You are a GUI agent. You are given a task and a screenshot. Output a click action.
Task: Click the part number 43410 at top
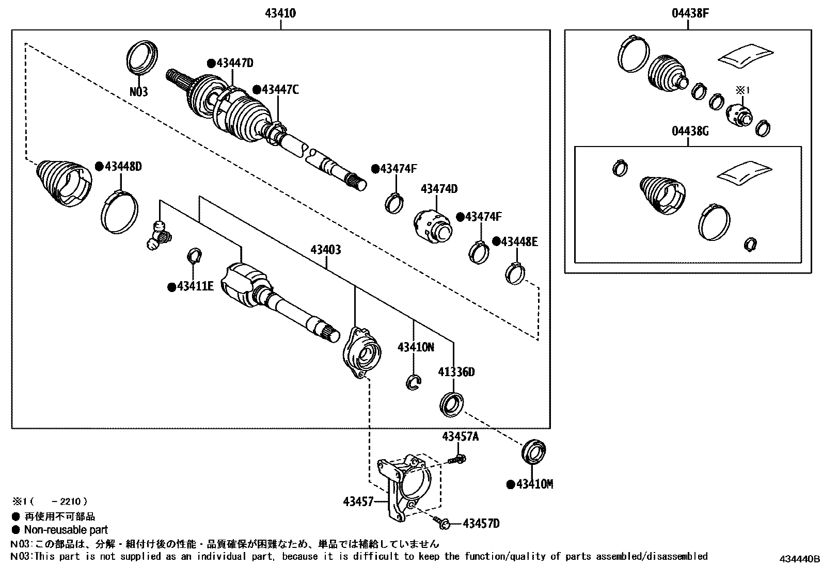pyautogui.click(x=280, y=13)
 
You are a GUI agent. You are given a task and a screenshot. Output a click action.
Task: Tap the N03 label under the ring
pyautogui.click(x=138, y=92)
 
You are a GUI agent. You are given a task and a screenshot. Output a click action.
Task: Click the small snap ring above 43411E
pyautogui.click(x=194, y=255)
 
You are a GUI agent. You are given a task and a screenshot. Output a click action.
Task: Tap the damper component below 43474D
pyautogui.click(x=433, y=226)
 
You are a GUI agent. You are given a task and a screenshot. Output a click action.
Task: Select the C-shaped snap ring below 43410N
pyautogui.click(x=413, y=382)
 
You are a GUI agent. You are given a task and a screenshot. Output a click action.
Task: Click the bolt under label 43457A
pyautogui.click(x=456, y=458)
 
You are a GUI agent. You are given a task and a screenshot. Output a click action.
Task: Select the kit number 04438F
pyautogui.click(x=690, y=13)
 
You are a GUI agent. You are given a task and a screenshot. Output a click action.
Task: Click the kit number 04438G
pyautogui.click(x=690, y=131)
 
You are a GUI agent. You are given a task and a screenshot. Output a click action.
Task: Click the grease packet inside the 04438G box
pyautogui.click(x=744, y=173)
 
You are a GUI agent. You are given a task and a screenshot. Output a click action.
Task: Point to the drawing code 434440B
pyautogui.click(x=799, y=559)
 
